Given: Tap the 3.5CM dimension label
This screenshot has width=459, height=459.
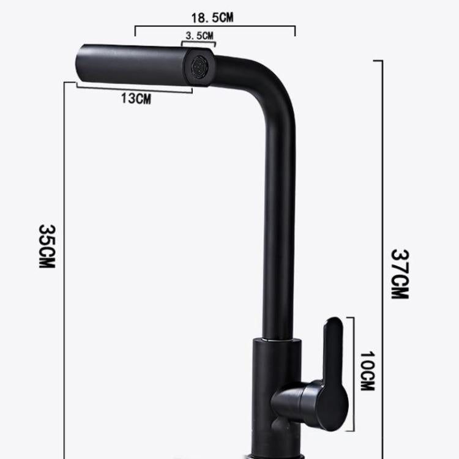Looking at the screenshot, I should point(200,36).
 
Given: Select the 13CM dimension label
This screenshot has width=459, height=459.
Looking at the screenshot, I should point(135,99).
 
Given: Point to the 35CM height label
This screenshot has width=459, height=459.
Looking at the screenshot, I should point(47,246).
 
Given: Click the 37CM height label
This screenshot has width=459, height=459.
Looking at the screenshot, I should point(400,274).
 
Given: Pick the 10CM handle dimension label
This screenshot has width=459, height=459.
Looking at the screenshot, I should point(367,371).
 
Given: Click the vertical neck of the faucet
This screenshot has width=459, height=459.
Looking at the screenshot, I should point(278,233).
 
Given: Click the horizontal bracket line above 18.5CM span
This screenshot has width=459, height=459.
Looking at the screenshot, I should point(214,27).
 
